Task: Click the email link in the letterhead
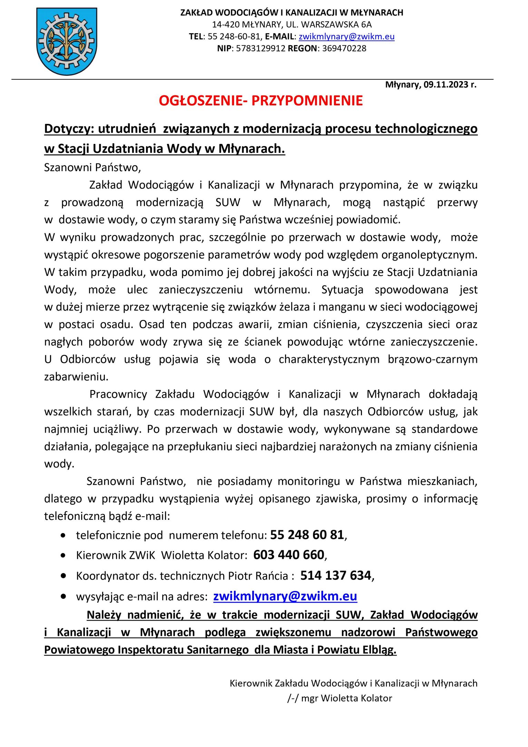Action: click(x=346, y=37)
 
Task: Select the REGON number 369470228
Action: click(x=344, y=48)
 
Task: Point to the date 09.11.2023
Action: click(x=446, y=85)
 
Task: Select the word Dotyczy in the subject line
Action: click(x=69, y=129)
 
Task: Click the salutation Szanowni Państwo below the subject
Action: click(x=92, y=168)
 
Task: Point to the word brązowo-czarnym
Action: click(x=432, y=359)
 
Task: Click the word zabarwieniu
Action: click(x=76, y=377)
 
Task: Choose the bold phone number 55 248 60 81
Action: click(x=307, y=535)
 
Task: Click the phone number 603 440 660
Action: click(x=289, y=555)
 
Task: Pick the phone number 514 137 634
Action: click(x=335, y=575)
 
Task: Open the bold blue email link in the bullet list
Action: click(x=285, y=596)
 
